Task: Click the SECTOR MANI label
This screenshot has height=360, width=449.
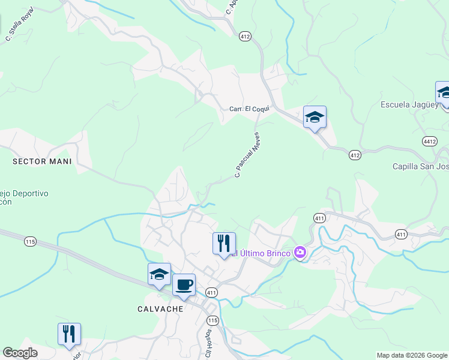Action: [x=42, y=161]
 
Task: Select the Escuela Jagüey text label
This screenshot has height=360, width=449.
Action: [x=407, y=104]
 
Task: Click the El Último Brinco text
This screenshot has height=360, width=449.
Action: [x=261, y=253]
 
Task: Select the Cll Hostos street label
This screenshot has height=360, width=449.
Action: [x=208, y=343]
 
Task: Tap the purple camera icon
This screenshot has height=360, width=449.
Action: [x=300, y=253]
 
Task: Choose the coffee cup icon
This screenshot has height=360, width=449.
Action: [x=184, y=284]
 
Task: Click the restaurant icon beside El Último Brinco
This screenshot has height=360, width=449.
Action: [x=224, y=244]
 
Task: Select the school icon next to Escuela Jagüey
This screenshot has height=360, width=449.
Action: [x=445, y=92]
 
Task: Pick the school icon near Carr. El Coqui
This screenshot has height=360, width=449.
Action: [x=315, y=116]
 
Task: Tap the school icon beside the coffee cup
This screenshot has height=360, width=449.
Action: [x=159, y=274]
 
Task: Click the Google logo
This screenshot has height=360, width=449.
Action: [x=20, y=353]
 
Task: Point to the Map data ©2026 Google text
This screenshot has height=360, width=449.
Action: [x=412, y=355]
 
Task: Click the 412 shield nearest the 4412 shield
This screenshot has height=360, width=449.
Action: [x=355, y=155]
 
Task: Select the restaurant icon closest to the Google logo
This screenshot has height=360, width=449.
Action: [x=69, y=334]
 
